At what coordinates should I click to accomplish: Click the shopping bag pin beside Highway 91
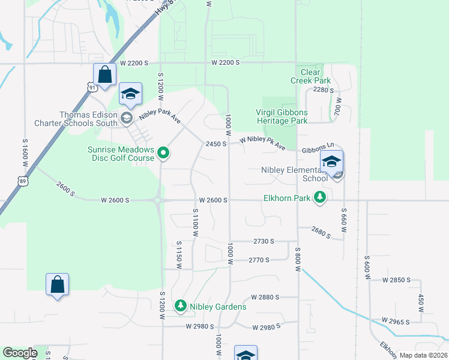104,75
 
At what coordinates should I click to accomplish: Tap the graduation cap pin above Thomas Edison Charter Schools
130,94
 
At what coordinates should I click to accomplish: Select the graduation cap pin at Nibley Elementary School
331,161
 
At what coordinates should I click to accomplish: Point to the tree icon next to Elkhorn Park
321,197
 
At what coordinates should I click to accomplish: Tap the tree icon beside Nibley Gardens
180,307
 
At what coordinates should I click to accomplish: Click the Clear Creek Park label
310,76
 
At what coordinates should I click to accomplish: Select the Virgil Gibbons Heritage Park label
282,116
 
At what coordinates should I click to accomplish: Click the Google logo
20,353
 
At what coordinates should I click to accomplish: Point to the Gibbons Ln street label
318,146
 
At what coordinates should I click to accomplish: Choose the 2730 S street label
264,241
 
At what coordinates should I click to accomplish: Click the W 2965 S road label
393,322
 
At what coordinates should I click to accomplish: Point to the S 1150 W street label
179,254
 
